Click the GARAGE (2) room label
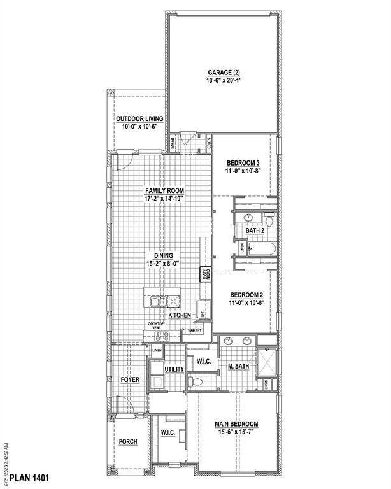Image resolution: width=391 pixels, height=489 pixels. click(222, 73)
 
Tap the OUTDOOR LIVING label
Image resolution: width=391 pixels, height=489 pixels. click(139, 118)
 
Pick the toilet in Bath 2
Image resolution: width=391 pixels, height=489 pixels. click(269, 220)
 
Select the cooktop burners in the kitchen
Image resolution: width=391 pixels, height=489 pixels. click(156, 338)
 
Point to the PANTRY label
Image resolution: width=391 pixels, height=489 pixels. click(195, 330)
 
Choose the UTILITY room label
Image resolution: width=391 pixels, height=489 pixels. click(174, 369)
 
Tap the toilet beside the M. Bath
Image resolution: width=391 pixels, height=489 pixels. click(195, 382)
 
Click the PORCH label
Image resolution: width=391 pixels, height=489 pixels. click(128, 441)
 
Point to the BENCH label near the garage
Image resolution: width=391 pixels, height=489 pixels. click(173, 145)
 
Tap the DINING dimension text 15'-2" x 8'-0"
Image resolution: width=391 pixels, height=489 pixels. click(163, 263)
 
